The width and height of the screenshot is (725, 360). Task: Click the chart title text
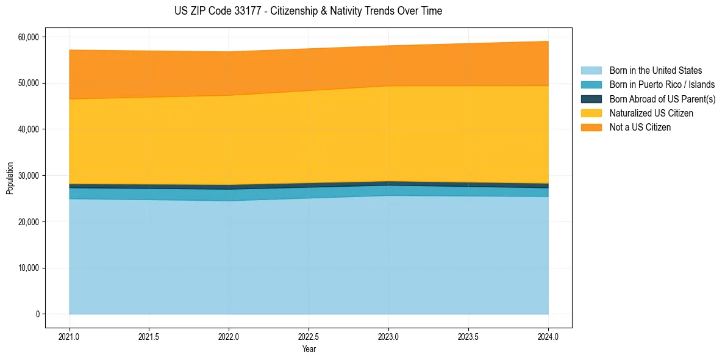pyautogui.click(x=308, y=11)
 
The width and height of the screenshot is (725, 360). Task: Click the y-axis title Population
pyautogui.click(x=10, y=178)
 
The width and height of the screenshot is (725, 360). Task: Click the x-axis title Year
pyautogui.click(x=309, y=349)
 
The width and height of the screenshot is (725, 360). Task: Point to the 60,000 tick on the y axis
pyautogui.click(x=27, y=37)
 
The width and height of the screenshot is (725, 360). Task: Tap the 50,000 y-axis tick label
pyautogui.click(x=27, y=83)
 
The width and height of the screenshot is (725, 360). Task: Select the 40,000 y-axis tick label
pyautogui.click(x=27, y=129)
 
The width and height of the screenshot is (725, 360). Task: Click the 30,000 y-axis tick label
pyautogui.click(x=27, y=176)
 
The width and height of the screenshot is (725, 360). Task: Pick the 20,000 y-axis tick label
pyautogui.click(x=27, y=222)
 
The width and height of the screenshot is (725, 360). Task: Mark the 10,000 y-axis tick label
pyautogui.click(x=27, y=268)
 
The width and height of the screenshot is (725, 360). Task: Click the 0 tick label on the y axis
pyautogui.click(x=37, y=314)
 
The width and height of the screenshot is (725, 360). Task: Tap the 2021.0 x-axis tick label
pyautogui.click(x=70, y=336)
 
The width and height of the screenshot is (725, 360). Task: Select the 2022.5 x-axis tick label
pyautogui.click(x=309, y=336)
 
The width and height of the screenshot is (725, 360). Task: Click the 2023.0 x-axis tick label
pyautogui.click(x=388, y=336)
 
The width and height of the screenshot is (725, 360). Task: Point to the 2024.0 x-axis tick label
pyautogui.click(x=548, y=336)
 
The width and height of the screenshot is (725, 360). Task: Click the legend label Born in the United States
pyautogui.click(x=655, y=71)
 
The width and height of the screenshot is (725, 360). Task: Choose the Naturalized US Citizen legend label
pyautogui.click(x=651, y=113)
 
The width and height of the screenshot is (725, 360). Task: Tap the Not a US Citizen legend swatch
pyautogui.click(x=591, y=128)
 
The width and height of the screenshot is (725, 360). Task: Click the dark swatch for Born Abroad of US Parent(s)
pyautogui.click(x=591, y=99)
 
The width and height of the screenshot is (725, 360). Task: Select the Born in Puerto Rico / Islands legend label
pyautogui.click(x=662, y=85)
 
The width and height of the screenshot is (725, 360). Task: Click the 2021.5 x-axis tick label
pyautogui.click(x=149, y=336)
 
